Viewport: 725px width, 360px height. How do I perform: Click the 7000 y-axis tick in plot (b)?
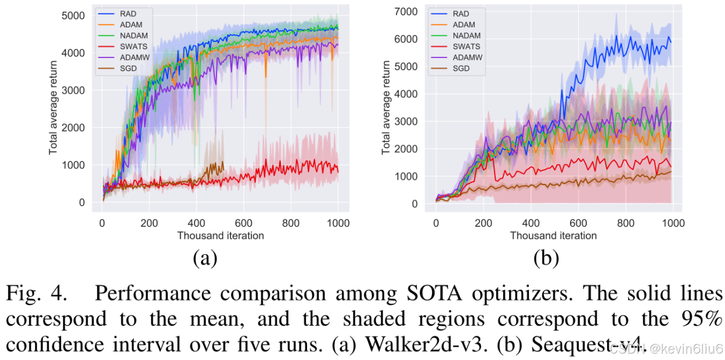406,11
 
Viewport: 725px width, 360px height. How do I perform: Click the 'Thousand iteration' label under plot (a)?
220,236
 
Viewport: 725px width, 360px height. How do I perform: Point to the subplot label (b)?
546,258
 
